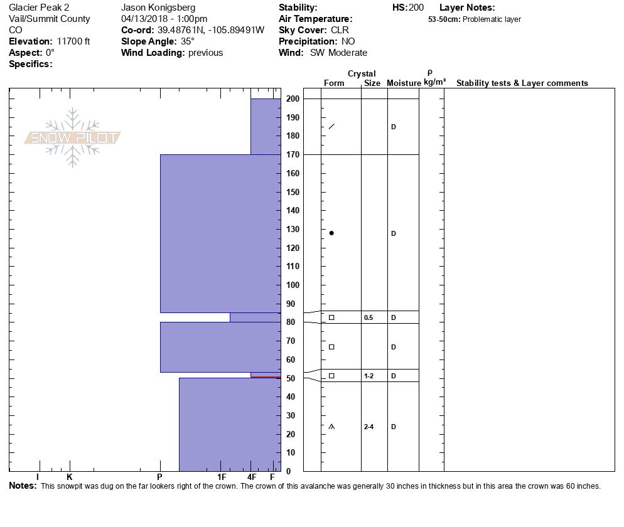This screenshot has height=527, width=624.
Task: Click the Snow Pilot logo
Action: click(x=73, y=138)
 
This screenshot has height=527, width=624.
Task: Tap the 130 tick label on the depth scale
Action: click(x=293, y=211)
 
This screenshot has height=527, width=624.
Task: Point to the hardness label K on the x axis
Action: click(x=70, y=477)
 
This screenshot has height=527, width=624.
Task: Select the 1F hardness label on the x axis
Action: click(x=222, y=477)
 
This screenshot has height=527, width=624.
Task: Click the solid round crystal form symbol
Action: click(x=331, y=233)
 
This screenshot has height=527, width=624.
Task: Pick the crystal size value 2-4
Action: click(x=368, y=427)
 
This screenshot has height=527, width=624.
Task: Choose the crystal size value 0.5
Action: click(x=368, y=317)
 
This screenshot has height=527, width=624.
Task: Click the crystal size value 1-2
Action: click(x=368, y=376)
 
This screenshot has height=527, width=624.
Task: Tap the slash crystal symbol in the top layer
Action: click(x=331, y=127)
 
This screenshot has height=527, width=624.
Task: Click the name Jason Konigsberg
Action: click(x=158, y=8)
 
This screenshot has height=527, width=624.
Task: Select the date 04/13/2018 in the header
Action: click(x=143, y=19)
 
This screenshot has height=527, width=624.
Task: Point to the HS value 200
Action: click(x=416, y=8)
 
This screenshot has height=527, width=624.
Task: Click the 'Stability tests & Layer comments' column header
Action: click(x=522, y=83)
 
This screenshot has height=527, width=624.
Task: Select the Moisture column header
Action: click(x=404, y=83)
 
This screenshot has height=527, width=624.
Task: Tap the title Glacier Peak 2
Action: click(x=39, y=8)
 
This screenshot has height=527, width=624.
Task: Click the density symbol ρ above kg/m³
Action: click(x=430, y=73)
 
